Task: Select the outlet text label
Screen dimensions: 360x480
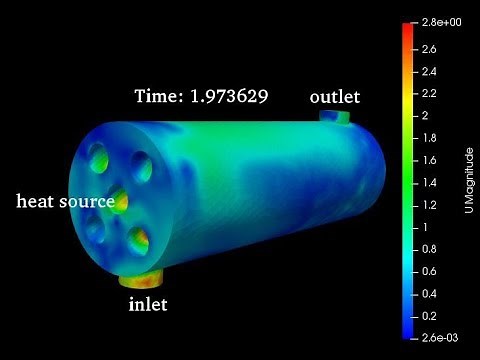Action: (x=335, y=97)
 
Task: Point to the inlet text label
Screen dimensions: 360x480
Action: (x=148, y=304)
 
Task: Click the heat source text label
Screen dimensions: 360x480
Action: (x=65, y=202)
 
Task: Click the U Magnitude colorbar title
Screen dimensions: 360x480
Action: (x=469, y=181)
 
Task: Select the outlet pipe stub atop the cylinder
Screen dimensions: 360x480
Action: (x=335, y=118)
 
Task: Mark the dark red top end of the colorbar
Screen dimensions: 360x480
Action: (x=408, y=26)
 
